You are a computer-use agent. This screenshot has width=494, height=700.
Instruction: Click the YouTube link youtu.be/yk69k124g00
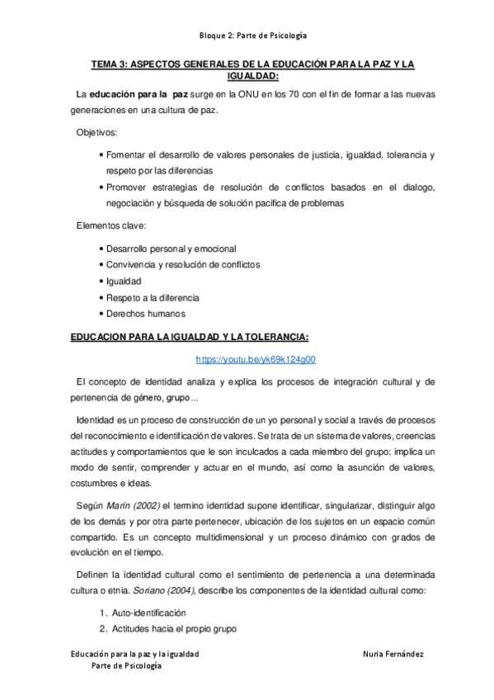(x=256, y=360)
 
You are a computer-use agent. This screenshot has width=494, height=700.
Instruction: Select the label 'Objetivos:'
(x=96, y=133)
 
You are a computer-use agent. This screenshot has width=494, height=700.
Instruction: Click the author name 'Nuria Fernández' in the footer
(x=393, y=655)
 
